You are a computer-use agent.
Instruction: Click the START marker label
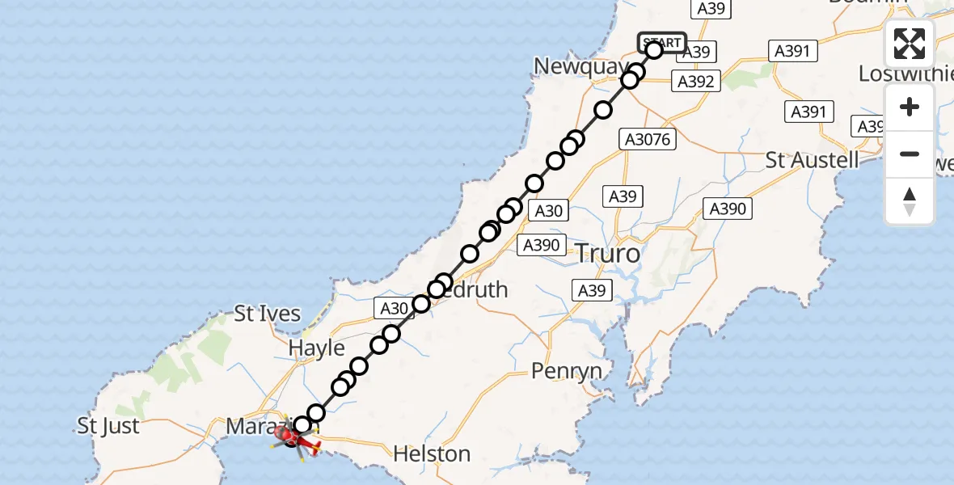662,42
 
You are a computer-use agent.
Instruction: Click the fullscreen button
910,44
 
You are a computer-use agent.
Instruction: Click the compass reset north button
910,201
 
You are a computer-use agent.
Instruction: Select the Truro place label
607,254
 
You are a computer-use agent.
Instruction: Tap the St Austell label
813,159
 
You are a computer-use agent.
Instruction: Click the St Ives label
268,314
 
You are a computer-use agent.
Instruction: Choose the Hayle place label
318,348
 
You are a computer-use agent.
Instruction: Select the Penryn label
567,371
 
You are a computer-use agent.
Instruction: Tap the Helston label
432,454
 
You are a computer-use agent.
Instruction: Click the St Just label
108,426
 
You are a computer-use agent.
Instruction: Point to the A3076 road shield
648,140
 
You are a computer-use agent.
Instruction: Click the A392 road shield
695,81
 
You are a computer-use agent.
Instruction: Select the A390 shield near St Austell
728,209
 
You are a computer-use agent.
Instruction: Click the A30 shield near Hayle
394,308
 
